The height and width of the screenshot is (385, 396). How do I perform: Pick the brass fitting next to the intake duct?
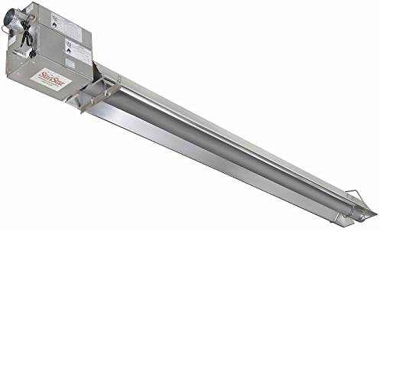[22, 24]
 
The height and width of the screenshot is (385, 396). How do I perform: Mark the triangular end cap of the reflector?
[369, 214]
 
